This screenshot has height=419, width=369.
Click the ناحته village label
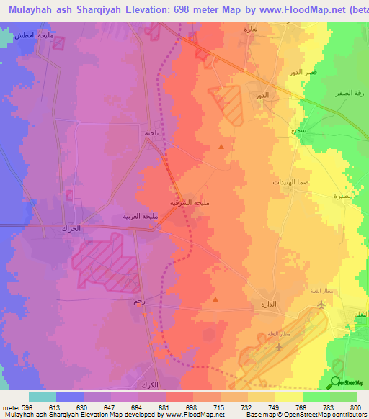[151, 132]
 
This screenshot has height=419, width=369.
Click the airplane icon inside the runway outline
[278, 347]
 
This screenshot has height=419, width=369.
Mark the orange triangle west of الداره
[215, 299]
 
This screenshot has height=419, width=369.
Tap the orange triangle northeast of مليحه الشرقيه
[221, 147]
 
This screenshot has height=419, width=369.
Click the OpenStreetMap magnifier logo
[335, 382]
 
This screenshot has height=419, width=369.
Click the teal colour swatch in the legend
[43, 397]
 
